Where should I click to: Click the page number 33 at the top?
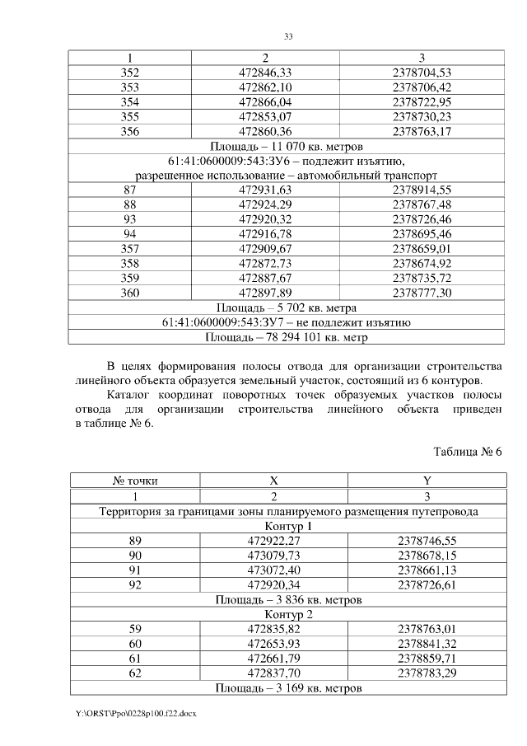point(288,37)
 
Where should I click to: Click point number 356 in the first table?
point(129,130)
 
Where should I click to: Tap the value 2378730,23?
point(422,116)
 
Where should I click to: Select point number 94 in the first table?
point(129,234)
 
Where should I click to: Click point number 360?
point(129,293)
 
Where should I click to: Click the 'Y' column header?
point(427,480)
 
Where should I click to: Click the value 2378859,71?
point(427,658)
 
